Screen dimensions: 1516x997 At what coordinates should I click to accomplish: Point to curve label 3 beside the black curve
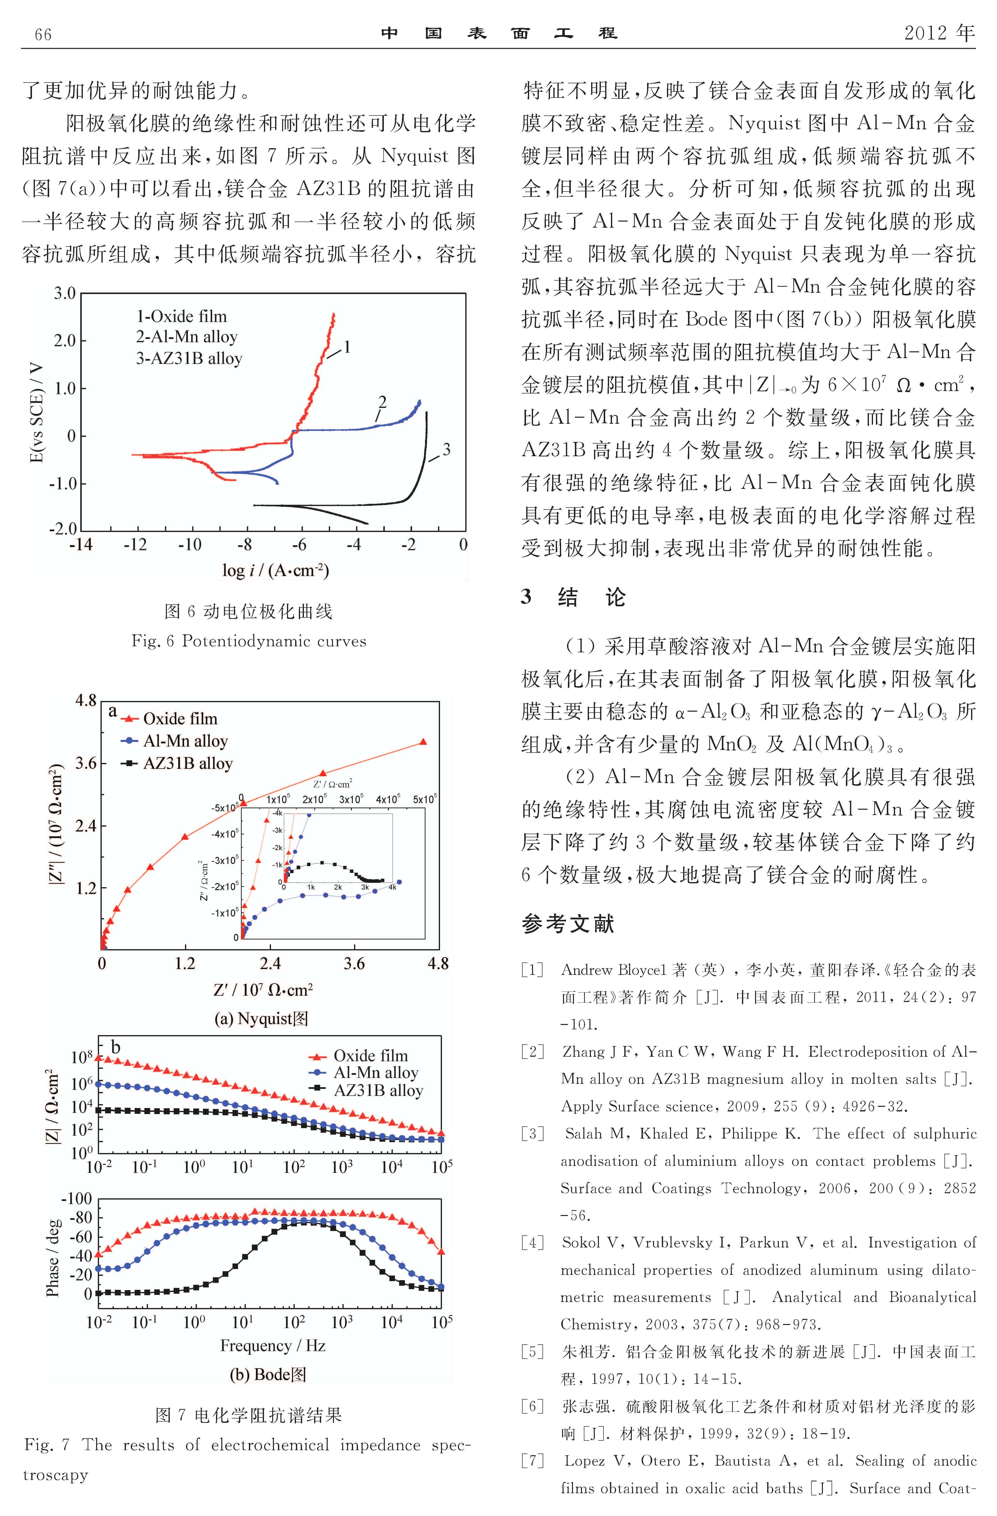pos(446,450)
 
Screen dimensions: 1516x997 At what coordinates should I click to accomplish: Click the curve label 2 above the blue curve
pos(382,402)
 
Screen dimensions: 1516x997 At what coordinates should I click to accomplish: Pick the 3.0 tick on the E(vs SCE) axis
pos(64,294)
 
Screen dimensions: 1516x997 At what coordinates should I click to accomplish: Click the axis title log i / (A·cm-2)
pos(275,570)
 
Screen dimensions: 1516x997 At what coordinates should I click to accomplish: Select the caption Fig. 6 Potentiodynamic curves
pos(248,641)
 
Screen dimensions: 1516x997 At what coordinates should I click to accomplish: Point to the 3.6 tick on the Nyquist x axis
pos(354,964)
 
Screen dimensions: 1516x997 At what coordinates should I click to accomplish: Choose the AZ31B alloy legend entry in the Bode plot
pos(378,1091)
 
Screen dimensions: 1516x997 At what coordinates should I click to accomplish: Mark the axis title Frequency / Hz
pos(273,1345)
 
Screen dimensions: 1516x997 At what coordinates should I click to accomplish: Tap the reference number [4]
pos(533,1243)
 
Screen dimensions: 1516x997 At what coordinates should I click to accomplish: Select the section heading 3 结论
pos(573,598)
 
